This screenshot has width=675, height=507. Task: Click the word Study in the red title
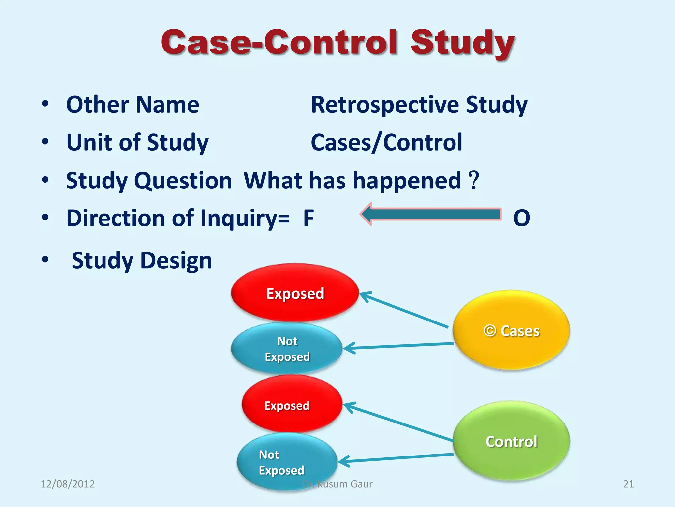coord(462,43)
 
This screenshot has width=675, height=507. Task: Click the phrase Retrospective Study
coord(419,105)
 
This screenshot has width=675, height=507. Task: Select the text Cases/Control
coord(387,143)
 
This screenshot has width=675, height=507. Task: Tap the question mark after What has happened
coord(474,180)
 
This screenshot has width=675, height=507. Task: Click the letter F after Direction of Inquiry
coord(308,218)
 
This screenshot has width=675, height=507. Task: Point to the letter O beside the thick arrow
coord(521,218)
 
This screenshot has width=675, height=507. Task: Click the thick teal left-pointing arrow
coord(432,214)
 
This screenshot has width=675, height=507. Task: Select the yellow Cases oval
coord(511,330)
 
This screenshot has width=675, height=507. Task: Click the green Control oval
coord(511,441)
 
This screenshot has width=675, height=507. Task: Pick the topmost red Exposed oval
coord(295,293)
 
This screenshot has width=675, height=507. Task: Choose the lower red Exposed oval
coord(292,405)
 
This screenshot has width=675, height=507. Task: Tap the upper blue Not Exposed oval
coord(287,349)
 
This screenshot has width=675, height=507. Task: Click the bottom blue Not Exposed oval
coord(287,462)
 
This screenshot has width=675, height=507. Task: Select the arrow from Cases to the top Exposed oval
coord(404,310)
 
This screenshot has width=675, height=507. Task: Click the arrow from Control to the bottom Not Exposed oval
coord(396,458)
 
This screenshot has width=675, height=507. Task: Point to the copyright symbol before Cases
coord(490,330)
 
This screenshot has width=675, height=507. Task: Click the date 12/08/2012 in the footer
coord(68,484)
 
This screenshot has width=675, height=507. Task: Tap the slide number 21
coord(628,484)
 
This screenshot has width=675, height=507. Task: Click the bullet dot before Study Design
coord(45,260)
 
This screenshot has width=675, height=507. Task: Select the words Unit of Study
coord(137,143)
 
